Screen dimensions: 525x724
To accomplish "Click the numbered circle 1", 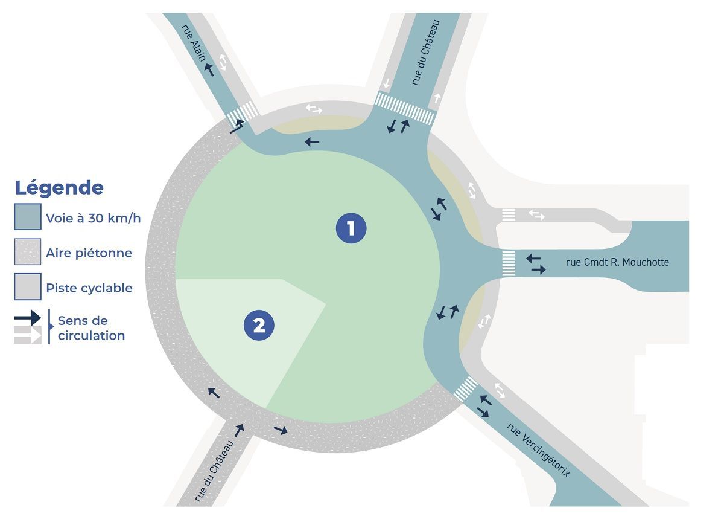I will (x=351, y=228).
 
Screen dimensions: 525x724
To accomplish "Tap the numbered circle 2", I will (x=259, y=326).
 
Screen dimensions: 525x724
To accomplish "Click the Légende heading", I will (x=59, y=188).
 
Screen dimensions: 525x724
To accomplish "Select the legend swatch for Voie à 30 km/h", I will (x=28, y=217).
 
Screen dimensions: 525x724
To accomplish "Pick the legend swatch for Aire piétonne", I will (x=28, y=252).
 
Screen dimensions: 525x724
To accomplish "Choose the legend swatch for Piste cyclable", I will (x=28, y=287).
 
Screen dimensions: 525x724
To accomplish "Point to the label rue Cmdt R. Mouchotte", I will (x=617, y=263).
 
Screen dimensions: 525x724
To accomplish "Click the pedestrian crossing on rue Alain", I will (x=243, y=114).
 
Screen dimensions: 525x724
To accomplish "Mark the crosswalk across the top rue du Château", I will (x=405, y=108).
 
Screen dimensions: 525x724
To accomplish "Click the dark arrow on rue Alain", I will (x=209, y=69).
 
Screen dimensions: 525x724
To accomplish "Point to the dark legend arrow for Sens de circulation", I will (x=28, y=318).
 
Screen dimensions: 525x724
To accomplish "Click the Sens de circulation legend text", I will (x=91, y=328).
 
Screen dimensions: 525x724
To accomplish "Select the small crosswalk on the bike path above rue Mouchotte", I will (x=509, y=215).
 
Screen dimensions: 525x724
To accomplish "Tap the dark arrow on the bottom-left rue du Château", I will (x=239, y=430).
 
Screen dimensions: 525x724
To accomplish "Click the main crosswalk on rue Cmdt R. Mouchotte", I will (x=509, y=264).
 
